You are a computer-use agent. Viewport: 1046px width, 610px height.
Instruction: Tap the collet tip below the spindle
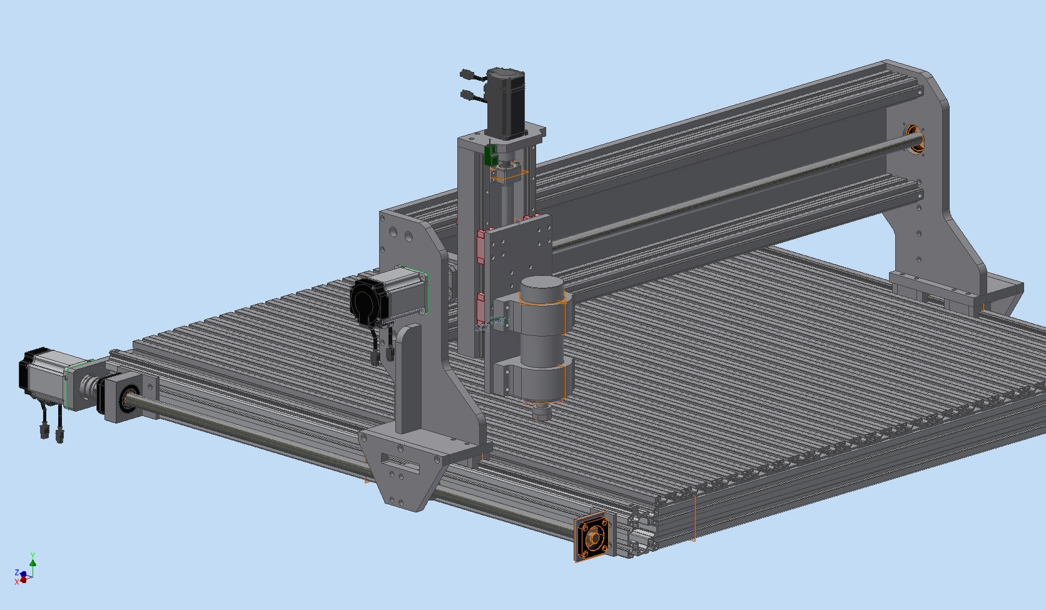tap(542, 412)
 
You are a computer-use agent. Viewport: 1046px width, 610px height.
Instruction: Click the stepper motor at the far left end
tap(44, 376)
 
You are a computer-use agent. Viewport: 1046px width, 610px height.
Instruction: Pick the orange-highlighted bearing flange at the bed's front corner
tap(592, 537)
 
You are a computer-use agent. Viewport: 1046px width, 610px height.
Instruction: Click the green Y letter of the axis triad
tap(33, 556)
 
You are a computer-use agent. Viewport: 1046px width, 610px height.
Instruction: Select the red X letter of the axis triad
tap(17, 581)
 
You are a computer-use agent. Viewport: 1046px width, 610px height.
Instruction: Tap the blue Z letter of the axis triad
tap(17, 572)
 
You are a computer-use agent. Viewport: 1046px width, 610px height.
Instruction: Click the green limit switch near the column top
tap(490, 155)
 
